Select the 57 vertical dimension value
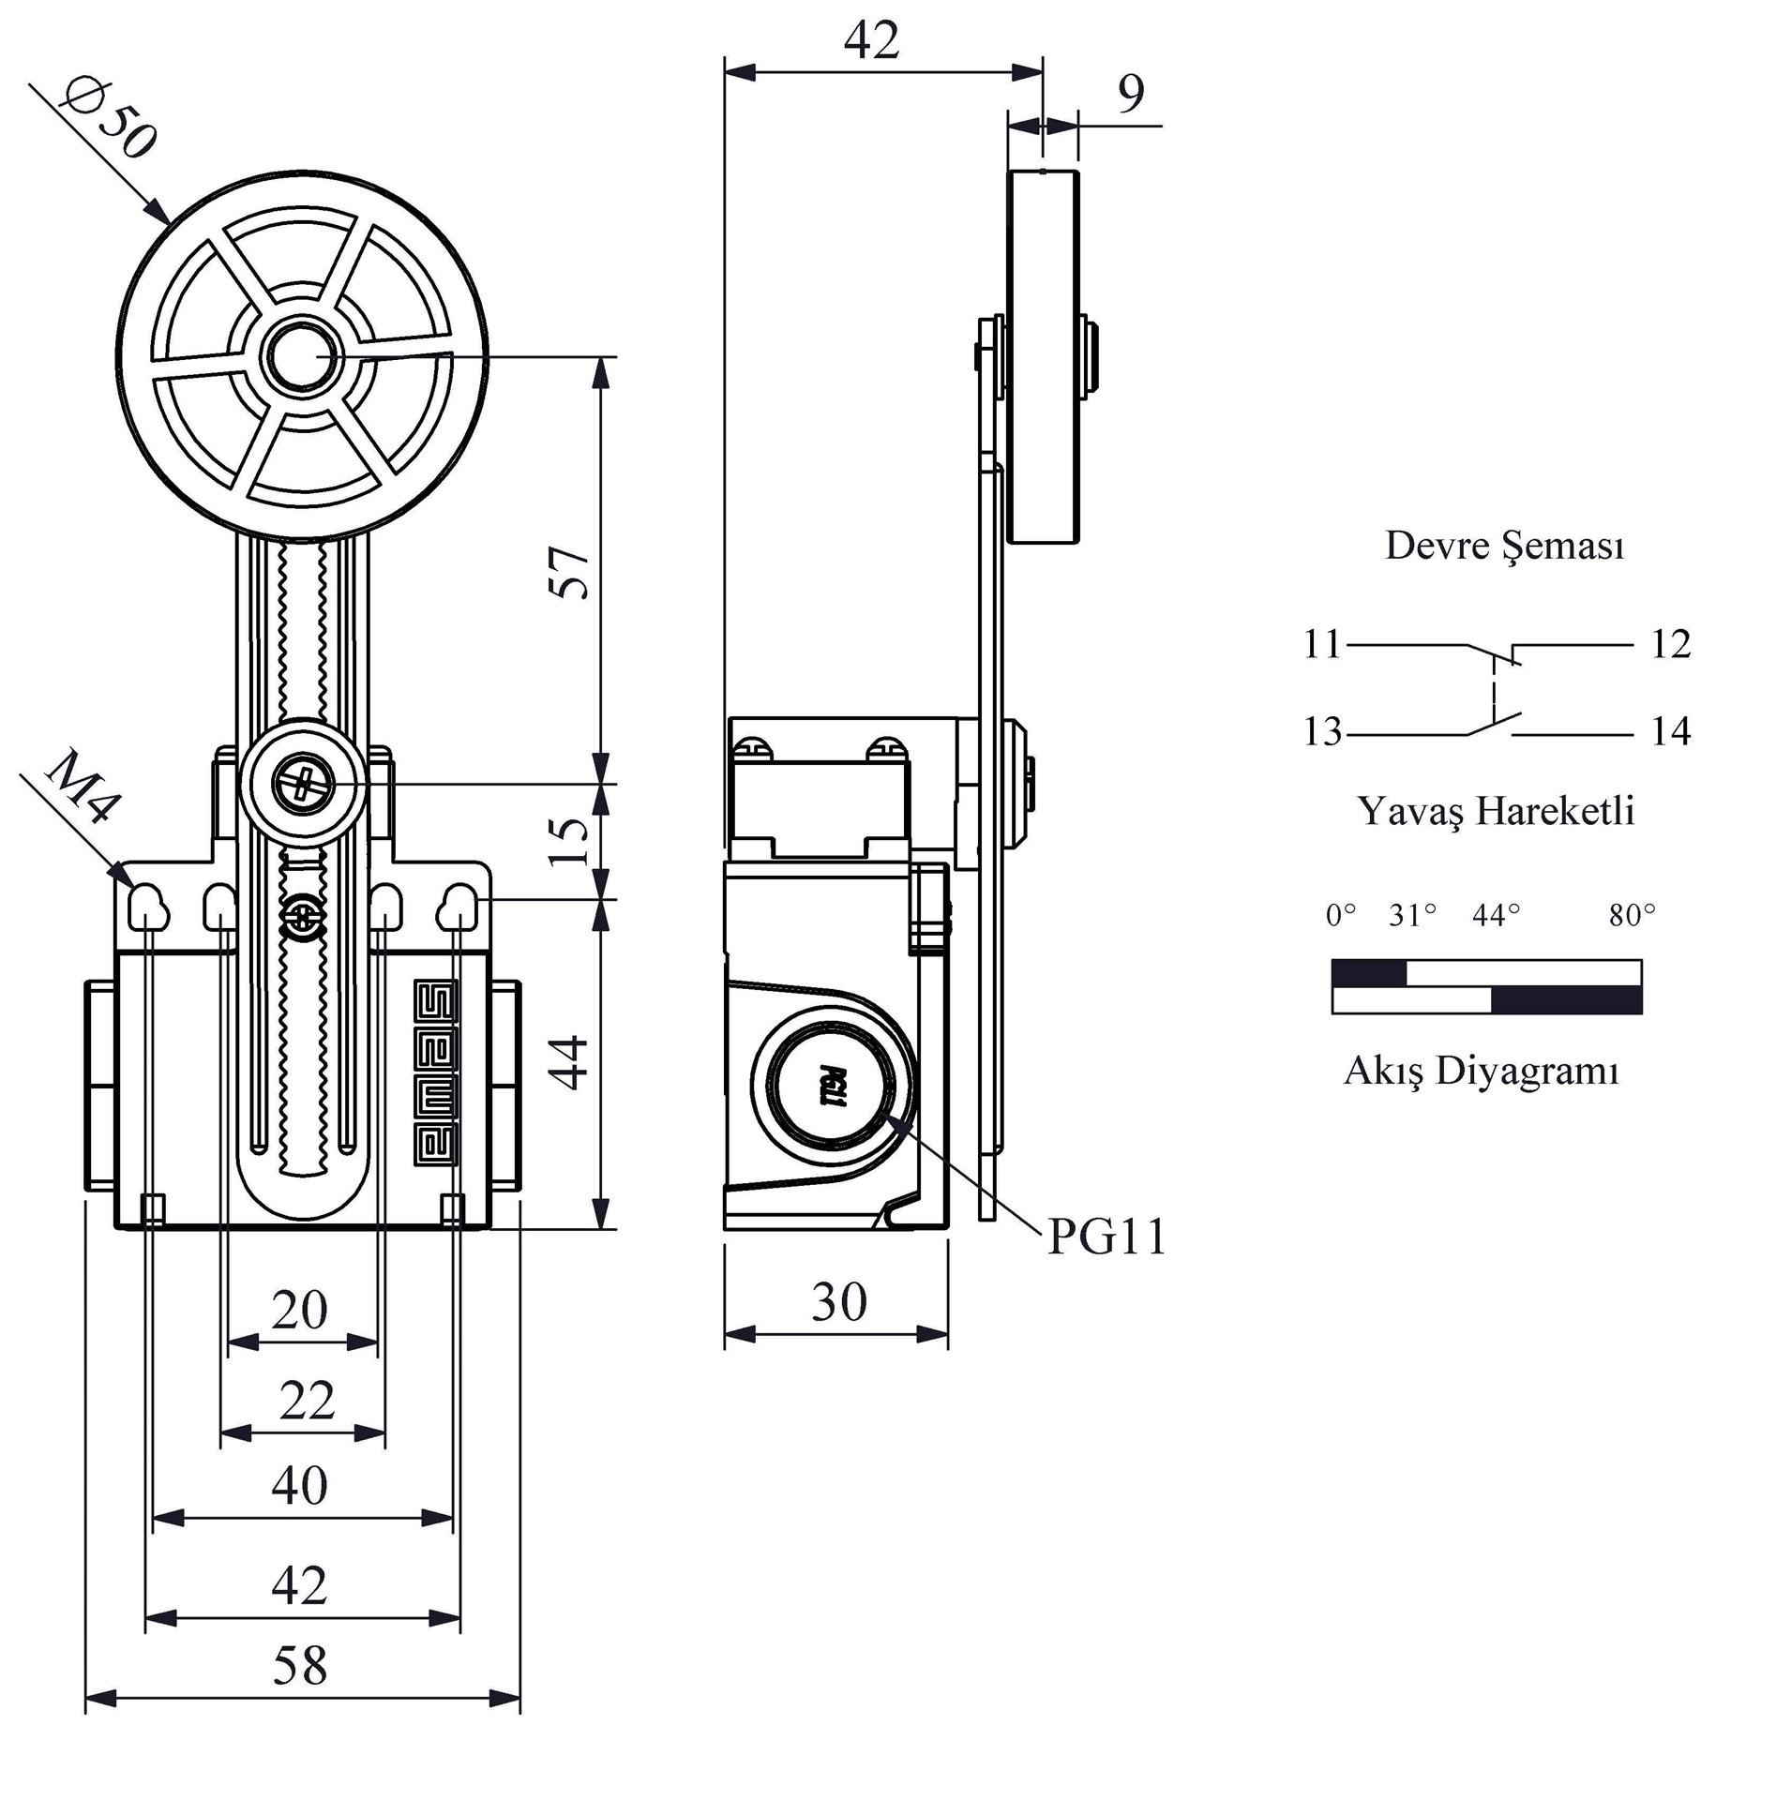[570, 572]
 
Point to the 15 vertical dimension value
[570, 841]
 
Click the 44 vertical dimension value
[570, 1062]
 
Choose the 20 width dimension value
[300, 1310]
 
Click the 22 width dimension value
[307, 1402]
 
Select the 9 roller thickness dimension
[1132, 93]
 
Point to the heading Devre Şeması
[1504, 546]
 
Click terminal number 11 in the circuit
[1322, 645]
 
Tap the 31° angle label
[1412, 915]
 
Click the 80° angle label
[1632, 915]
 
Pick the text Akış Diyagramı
[1481, 1071]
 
